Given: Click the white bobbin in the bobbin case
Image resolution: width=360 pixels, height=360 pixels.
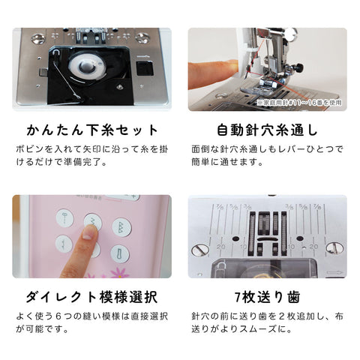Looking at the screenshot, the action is pyautogui.click(x=86, y=66).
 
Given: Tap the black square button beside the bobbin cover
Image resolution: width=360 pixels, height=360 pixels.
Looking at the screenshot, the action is pyautogui.click(x=145, y=68).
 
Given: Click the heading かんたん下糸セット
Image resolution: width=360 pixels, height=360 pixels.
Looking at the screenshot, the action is pyautogui.click(x=92, y=130).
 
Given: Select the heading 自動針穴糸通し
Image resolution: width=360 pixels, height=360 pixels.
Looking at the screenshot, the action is pyautogui.click(x=267, y=130).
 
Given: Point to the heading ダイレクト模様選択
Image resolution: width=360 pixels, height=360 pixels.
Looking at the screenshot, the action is pyautogui.click(x=92, y=297).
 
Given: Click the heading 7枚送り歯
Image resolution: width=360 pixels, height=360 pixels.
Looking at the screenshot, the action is pyautogui.click(x=268, y=297).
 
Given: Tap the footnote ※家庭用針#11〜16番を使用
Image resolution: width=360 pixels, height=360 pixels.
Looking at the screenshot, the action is pyautogui.click(x=299, y=103).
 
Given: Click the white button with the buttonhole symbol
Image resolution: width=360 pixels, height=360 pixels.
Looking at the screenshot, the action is pyautogui.click(x=120, y=254).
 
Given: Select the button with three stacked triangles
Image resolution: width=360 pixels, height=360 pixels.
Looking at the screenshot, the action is pyautogui.click(x=121, y=227).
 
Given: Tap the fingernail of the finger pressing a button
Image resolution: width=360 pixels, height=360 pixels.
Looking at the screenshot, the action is pyautogui.click(x=88, y=235).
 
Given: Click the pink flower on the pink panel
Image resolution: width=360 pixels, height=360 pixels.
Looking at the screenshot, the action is pyautogui.click(x=119, y=273).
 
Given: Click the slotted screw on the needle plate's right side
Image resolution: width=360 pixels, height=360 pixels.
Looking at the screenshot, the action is pyautogui.click(x=334, y=247).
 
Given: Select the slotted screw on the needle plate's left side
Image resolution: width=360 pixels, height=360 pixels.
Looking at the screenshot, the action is pyautogui.click(x=200, y=250).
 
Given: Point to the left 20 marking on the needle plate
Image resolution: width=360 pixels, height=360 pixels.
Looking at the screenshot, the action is pyautogui.click(x=221, y=247).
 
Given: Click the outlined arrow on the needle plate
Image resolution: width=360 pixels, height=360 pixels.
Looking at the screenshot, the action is pyautogui.click(x=334, y=272).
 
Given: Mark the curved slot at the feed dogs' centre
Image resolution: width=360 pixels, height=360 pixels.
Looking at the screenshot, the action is pyautogui.click(x=267, y=239).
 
